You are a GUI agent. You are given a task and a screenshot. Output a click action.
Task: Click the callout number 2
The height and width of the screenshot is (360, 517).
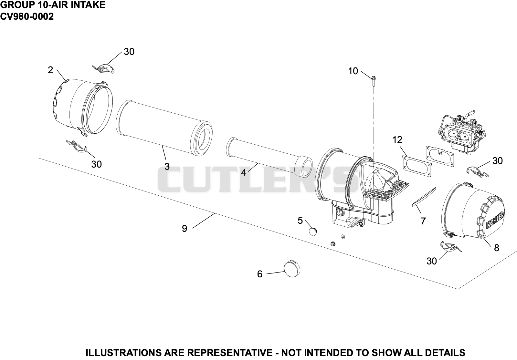pos(50,70)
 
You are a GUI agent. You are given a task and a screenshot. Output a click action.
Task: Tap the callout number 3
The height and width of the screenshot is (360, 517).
pos(167,166)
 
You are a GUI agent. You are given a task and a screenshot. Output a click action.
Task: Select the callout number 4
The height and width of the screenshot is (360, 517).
pos(244,172)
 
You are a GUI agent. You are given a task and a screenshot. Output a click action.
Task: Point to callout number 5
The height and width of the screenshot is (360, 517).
pos(300,221)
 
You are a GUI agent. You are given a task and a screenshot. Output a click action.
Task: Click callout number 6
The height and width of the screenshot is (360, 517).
pos(260,274)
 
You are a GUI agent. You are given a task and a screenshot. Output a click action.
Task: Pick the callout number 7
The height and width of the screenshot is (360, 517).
pos(423,221)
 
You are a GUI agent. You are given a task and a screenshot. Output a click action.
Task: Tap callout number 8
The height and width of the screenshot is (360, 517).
pos(497,248)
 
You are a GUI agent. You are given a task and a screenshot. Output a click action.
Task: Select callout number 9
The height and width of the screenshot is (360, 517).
pos(185,229)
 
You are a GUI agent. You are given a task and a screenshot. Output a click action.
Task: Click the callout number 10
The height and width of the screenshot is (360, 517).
pos(353,71)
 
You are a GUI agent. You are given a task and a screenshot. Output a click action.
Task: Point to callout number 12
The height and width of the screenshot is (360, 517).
pos(397,140)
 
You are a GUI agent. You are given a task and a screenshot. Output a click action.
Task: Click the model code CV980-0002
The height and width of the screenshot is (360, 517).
pos(27,16)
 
